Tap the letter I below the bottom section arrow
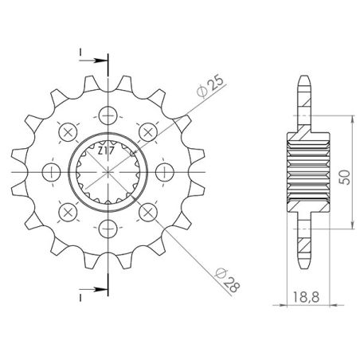click(81, 296)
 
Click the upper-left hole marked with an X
click(66, 131)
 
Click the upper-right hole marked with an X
click(147, 131)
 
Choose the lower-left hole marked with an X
click(66, 213)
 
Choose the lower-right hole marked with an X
click(147, 213)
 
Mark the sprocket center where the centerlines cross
click(107, 172)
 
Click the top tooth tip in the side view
click(303, 78)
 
